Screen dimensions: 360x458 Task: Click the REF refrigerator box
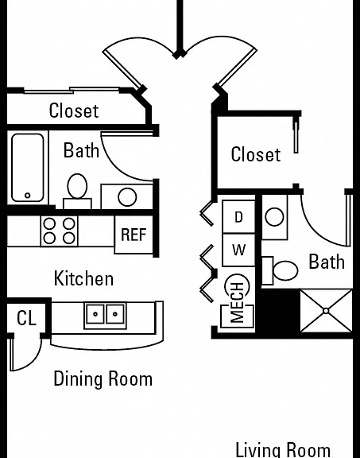point(134,235)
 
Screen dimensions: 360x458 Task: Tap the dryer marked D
point(238,217)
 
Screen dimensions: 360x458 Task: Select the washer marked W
point(238,250)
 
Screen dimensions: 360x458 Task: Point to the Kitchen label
point(83,278)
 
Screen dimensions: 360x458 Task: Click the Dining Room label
point(103,378)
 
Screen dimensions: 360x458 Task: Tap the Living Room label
point(283,450)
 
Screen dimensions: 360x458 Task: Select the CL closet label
point(26,318)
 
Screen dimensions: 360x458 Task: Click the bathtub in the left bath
point(28,168)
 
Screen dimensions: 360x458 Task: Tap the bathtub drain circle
point(28,195)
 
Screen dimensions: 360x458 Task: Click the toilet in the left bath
point(77,191)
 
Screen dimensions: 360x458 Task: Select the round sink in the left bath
point(127,197)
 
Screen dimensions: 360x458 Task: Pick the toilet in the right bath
point(280,270)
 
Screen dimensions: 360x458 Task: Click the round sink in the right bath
point(274,217)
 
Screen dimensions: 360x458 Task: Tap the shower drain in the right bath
point(326,311)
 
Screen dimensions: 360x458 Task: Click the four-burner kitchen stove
point(60,231)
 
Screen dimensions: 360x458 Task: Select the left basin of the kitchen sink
point(95,314)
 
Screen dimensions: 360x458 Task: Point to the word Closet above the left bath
point(74,111)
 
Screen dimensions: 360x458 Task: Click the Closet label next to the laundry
point(256,154)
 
